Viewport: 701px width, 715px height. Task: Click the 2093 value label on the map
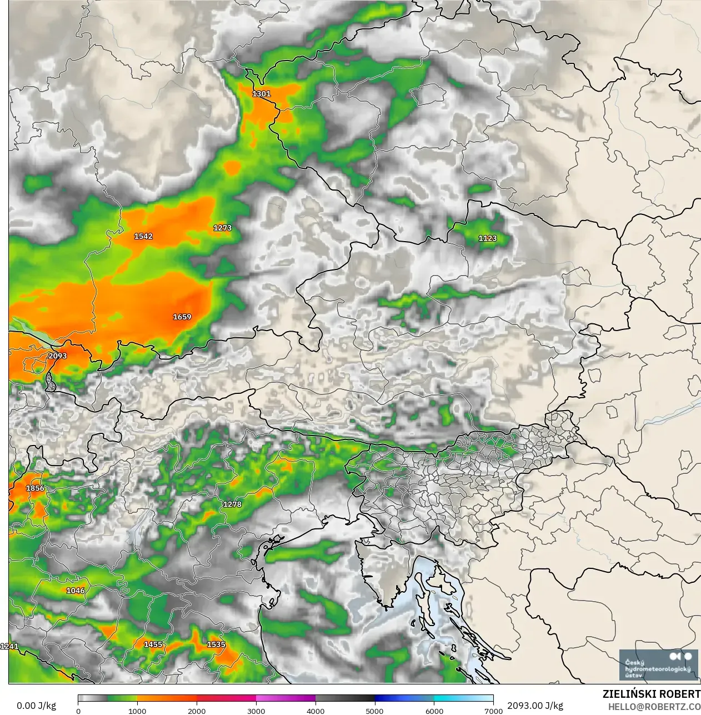click(x=57, y=356)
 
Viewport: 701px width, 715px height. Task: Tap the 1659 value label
click(x=182, y=317)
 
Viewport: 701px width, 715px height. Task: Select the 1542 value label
click(x=143, y=236)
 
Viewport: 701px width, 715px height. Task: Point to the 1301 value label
click(x=261, y=94)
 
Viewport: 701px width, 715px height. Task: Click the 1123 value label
click(x=487, y=238)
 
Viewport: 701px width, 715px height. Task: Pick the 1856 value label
click(x=35, y=488)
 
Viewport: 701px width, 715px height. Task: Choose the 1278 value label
click(x=232, y=504)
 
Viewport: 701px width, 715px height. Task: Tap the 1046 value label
click(x=76, y=591)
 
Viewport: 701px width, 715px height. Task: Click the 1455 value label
click(x=153, y=644)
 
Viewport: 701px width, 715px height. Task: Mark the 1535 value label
click(x=216, y=644)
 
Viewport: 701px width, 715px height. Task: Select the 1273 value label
click(x=222, y=228)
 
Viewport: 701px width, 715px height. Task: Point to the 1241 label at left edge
click(x=9, y=646)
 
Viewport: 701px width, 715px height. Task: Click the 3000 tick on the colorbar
click(x=256, y=711)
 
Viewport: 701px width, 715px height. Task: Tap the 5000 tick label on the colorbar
click(x=374, y=711)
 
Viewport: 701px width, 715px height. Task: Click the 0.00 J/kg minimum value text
click(x=36, y=706)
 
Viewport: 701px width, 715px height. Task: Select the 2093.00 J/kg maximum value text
click(x=535, y=706)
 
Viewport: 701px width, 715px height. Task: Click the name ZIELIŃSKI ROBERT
click(x=651, y=694)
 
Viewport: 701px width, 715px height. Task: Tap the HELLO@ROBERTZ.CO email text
click(x=654, y=707)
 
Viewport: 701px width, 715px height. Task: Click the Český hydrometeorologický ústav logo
click(x=658, y=664)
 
